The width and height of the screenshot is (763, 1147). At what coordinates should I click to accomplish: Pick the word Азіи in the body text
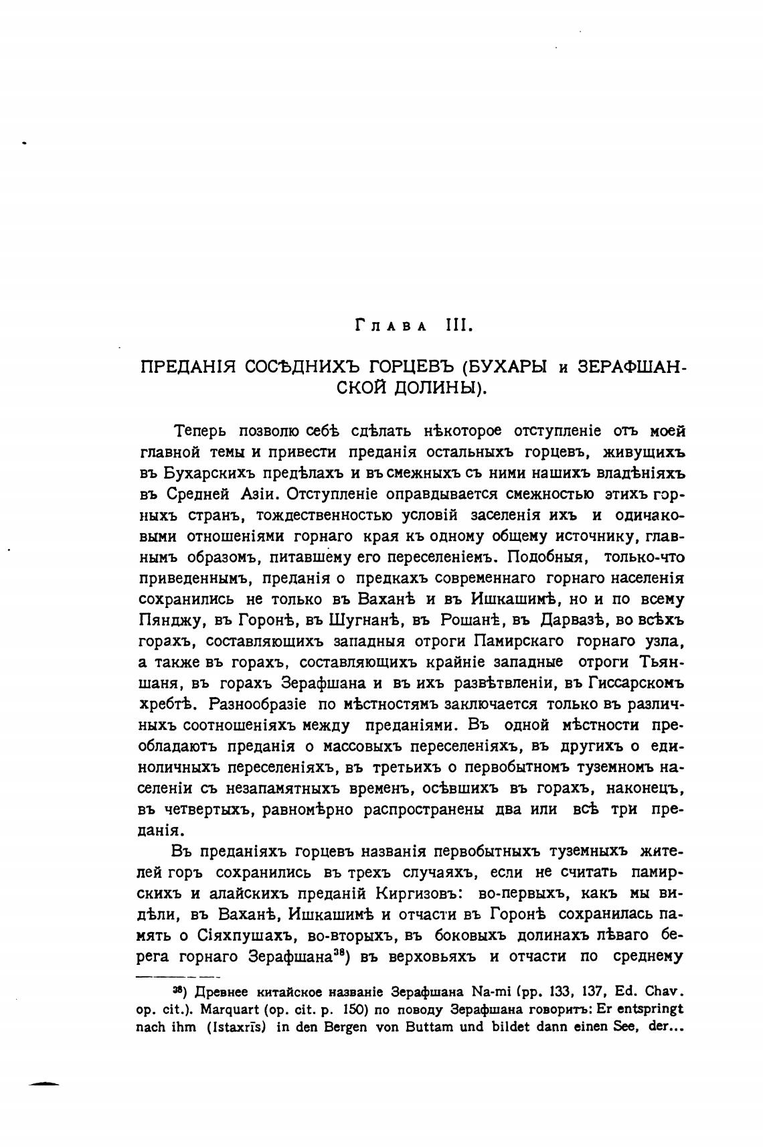(254, 494)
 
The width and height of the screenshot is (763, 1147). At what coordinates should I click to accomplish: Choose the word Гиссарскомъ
(637, 683)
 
